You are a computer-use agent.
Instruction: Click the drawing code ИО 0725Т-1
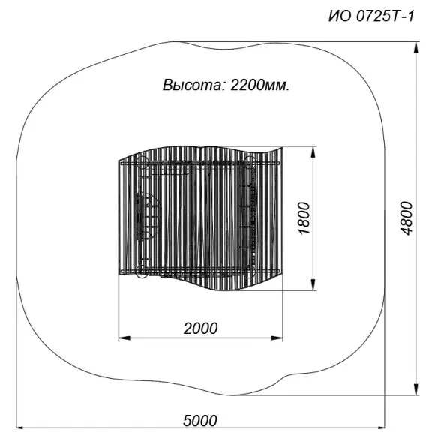[x=370, y=17]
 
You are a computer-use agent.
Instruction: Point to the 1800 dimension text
[x=303, y=218]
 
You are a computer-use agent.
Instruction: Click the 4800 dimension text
[x=406, y=218]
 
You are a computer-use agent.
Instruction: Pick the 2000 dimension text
[x=200, y=328]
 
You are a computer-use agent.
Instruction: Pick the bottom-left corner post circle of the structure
[x=142, y=271]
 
